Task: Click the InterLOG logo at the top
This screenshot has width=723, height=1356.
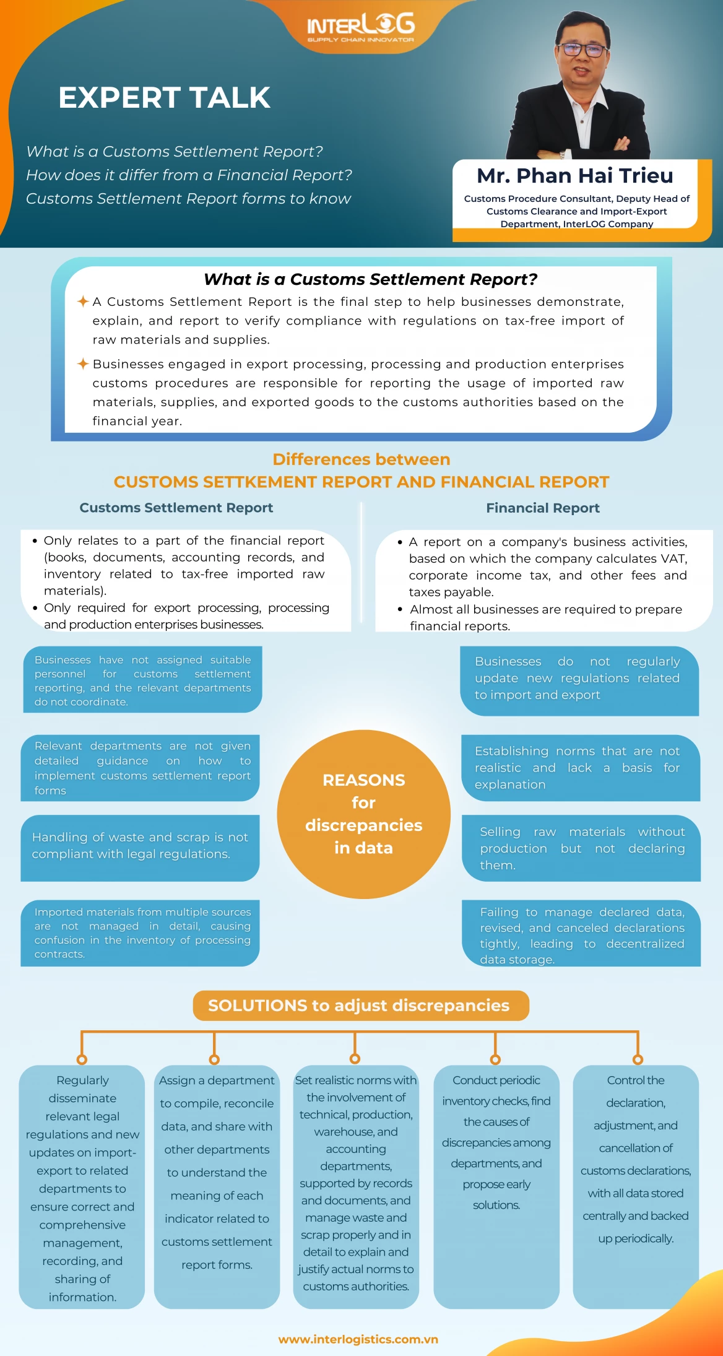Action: (x=361, y=27)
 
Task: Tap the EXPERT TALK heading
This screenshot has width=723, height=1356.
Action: (x=165, y=98)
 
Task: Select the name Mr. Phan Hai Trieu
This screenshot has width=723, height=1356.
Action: (x=574, y=176)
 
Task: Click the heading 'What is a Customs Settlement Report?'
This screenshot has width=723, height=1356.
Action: (x=370, y=279)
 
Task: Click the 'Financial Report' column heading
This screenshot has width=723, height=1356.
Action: (x=543, y=508)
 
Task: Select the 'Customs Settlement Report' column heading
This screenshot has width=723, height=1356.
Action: (x=176, y=508)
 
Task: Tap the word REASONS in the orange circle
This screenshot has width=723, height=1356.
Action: (x=364, y=780)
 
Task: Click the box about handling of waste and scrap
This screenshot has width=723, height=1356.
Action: (x=140, y=848)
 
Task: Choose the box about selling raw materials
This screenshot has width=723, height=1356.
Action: (x=581, y=848)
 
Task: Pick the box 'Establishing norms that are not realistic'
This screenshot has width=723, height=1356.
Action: (x=581, y=768)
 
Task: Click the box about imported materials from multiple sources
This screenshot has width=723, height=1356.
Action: (x=140, y=933)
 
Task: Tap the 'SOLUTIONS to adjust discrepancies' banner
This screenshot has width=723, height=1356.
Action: (x=361, y=1006)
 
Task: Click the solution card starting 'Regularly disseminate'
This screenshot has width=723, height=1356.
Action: (x=82, y=1187)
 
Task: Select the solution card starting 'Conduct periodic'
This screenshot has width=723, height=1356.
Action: (x=496, y=1187)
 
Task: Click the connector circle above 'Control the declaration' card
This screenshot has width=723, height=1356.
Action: (x=638, y=1059)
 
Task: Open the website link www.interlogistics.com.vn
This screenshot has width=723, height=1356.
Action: (x=358, y=1339)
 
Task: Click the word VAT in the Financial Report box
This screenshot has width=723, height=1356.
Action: (x=674, y=558)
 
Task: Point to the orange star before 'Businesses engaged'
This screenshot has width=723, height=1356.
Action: (x=83, y=363)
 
